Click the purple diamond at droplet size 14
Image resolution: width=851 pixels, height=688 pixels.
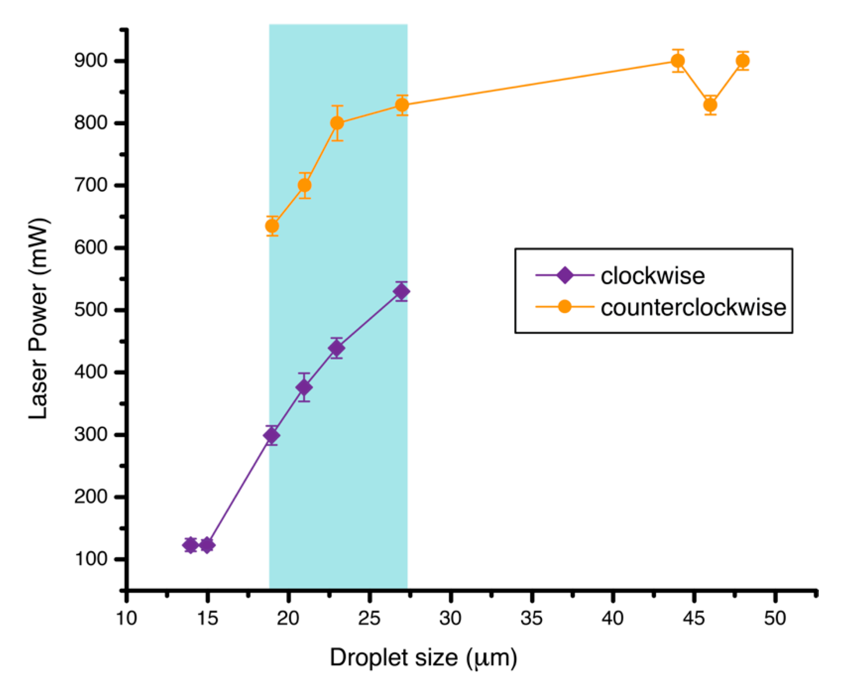click(x=191, y=545)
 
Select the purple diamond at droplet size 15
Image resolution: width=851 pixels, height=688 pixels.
click(x=207, y=545)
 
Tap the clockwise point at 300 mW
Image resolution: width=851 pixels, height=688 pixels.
click(x=272, y=435)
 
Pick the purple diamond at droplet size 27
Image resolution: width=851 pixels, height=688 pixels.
click(x=401, y=292)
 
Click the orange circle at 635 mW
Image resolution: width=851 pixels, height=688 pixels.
click(x=272, y=226)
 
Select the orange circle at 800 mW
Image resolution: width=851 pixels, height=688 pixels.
click(x=337, y=123)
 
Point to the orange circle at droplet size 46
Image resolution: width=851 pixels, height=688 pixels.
click(x=710, y=105)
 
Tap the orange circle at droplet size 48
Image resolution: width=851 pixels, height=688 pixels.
click(x=743, y=61)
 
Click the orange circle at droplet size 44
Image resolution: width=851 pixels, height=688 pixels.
click(x=678, y=61)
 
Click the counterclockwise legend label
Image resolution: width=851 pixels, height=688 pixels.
click(x=693, y=307)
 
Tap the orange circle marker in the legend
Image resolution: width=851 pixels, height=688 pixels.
click(x=565, y=306)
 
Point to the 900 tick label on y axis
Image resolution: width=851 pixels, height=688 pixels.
click(x=91, y=61)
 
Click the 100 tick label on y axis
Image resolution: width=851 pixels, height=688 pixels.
click(x=91, y=559)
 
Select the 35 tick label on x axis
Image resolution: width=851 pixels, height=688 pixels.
click(x=531, y=618)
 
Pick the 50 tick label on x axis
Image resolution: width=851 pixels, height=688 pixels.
click(x=775, y=618)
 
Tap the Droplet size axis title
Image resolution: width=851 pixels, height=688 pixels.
click(x=423, y=658)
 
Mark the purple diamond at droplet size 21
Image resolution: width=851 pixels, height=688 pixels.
click(x=304, y=387)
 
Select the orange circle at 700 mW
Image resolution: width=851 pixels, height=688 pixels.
click(x=304, y=185)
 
